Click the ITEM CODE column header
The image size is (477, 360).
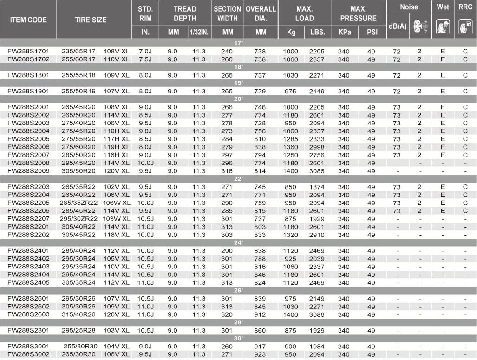click(x=28, y=20)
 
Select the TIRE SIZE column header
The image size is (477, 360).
click(x=91, y=20)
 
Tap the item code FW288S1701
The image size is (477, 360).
click(x=28, y=51)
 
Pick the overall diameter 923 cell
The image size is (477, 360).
click(x=261, y=354)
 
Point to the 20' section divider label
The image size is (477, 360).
click(x=238, y=99)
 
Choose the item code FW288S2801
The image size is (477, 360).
click(x=28, y=330)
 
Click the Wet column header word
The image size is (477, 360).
click(x=443, y=7)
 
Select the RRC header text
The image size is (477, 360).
click(x=465, y=7)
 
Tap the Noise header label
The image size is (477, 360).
click(x=409, y=7)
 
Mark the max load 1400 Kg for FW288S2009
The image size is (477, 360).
click(x=290, y=171)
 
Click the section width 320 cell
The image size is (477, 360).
click(x=228, y=314)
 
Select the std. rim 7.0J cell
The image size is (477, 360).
click(x=145, y=51)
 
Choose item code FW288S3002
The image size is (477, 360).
click(x=28, y=354)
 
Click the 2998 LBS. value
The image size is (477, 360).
click(x=317, y=147)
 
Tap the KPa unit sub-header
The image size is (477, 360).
click(x=344, y=33)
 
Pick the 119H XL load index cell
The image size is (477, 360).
click(x=116, y=147)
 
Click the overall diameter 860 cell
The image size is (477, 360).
click(x=261, y=330)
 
